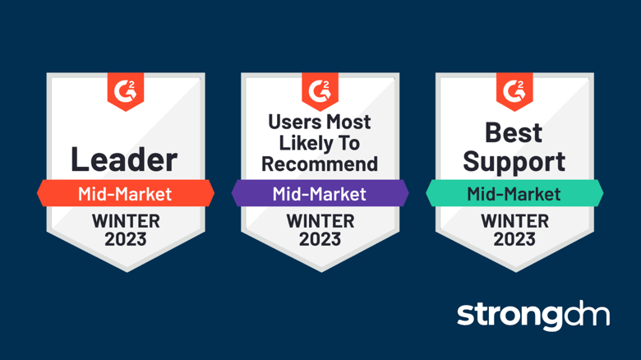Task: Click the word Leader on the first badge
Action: (124, 159)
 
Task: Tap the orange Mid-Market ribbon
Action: (125, 194)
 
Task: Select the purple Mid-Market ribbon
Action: (320, 194)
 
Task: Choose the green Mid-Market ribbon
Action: (514, 194)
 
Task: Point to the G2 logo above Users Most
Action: (320, 89)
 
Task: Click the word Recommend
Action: (320, 163)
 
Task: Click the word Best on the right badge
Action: (514, 132)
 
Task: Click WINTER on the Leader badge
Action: (125, 221)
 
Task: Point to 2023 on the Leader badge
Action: (125, 239)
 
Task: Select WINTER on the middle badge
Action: (320, 221)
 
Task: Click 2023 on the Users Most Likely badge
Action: (320, 239)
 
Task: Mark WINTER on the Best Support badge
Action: (514, 221)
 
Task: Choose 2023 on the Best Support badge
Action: (514, 239)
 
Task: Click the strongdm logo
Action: (533, 315)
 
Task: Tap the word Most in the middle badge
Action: (348, 122)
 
